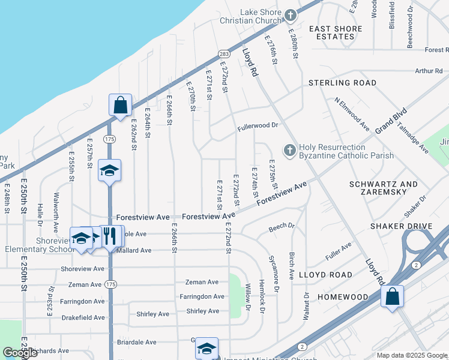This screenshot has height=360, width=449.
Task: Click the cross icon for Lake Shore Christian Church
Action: pyautogui.click(x=291, y=15)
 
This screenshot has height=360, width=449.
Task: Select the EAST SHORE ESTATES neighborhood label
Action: pyautogui.click(x=336, y=32)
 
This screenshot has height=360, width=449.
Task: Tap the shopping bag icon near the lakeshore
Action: pyautogui.click(x=120, y=104)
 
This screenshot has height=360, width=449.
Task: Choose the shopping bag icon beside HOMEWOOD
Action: pyautogui.click(x=391, y=296)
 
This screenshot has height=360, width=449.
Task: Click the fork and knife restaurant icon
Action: pyautogui.click(x=110, y=235)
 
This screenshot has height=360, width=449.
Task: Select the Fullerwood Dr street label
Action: pyautogui.click(x=258, y=126)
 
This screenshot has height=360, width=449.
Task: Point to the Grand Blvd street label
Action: pyautogui.click(x=391, y=122)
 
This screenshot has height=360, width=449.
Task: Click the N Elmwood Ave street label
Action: pyautogui.click(x=352, y=114)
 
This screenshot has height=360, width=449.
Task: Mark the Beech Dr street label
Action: pyautogui.click(x=282, y=227)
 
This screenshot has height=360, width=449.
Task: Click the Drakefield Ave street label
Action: pyautogui.click(x=82, y=317)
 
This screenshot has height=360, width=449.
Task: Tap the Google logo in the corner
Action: pyautogui.click(x=20, y=352)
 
